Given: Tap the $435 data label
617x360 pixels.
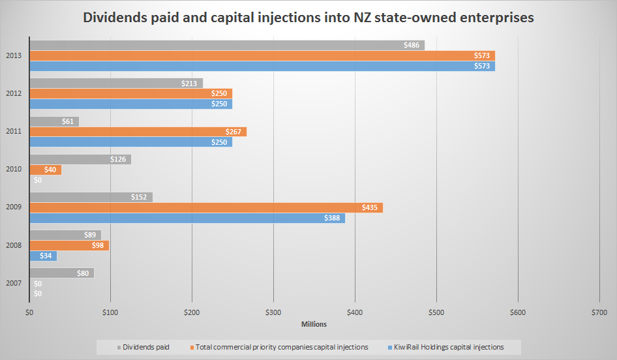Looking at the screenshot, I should pyautogui.click(x=372, y=207).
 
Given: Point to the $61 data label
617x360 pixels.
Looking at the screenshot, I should pyautogui.click(x=68, y=121).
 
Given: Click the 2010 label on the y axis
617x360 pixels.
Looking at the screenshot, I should pyautogui.click(x=13, y=170).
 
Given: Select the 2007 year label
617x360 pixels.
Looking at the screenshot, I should pyautogui.click(x=13, y=283).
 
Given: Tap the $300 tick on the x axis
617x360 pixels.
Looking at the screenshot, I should pyautogui.click(x=273, y=313).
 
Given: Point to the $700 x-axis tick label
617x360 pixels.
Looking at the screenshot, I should pyautogui.click(x=599, y=313).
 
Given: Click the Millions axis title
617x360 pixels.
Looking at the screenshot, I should pyautogui.click(x=314, y=324).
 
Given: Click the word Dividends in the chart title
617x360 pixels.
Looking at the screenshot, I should pyautogui.click(x=116, y=18).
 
